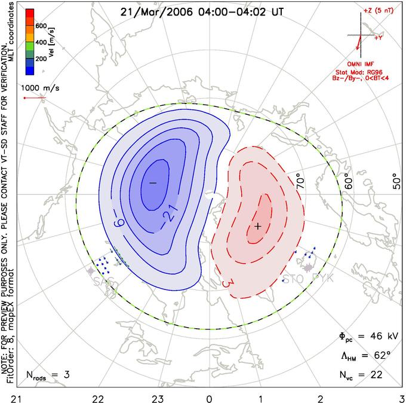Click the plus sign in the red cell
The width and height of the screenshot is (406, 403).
(258, 227)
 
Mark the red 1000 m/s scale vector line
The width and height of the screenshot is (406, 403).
(33, 98)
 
